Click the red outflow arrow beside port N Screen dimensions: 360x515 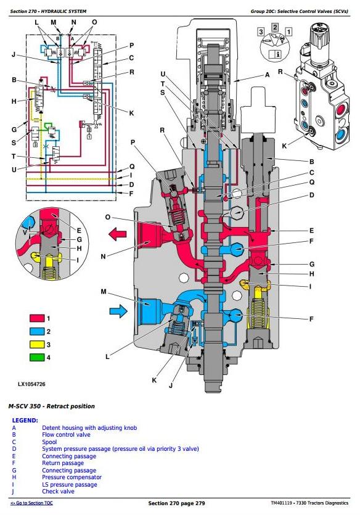[x=117, y=234]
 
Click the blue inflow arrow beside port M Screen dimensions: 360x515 [x=118, y=311]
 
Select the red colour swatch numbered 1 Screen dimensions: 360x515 [x=37, y=318]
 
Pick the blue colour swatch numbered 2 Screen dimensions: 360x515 [x=37, y=331]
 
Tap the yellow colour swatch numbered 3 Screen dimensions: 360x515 [x=37, y=345]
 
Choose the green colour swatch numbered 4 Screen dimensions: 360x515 [x=37, y=357]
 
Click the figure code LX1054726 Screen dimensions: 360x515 [x=31, y=384]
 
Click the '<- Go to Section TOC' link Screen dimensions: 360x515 [x=31, y=503]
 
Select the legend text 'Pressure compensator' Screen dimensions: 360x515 [x=72, y=477]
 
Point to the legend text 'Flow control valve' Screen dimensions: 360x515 [x=66, y=435]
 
